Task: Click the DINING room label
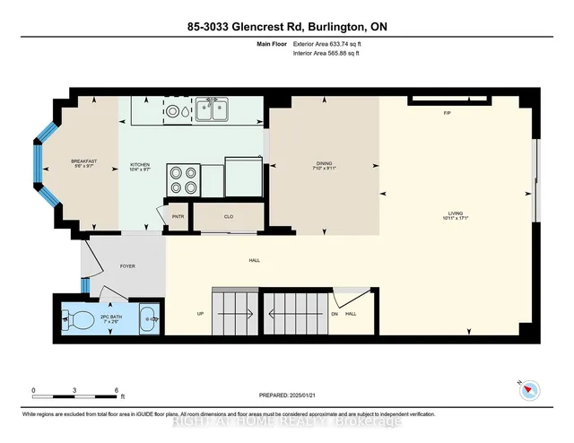(323, 164)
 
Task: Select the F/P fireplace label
(447, 113)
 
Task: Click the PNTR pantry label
(178, 215)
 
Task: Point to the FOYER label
(127, 265)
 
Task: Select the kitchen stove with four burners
(183, 179)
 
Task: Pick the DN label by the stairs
(335, 313)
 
